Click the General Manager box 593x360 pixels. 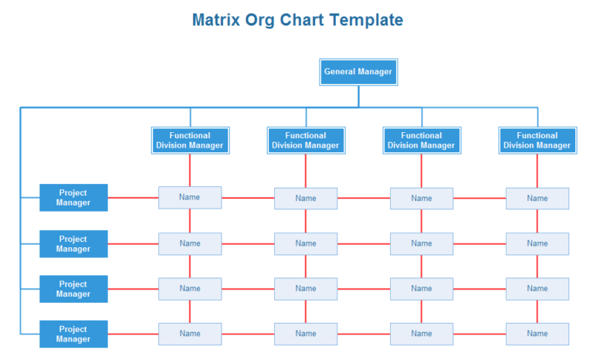point(358,72)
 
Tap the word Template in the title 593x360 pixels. point(367,20)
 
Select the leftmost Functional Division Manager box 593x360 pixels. point(190,141)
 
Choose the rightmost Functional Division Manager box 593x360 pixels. point(537,141)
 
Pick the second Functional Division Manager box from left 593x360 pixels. point(306,141)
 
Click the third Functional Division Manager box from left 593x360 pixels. point(422,141)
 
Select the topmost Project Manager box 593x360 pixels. point(73,198)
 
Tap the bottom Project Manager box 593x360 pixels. point(73,334)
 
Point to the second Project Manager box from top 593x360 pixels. point(73,244)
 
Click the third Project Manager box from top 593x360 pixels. point(73,289)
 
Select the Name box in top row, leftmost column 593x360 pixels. point(190,198)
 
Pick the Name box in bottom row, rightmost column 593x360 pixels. point(537,334)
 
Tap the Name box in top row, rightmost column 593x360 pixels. point(537,199)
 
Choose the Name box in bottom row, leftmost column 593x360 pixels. point(190,334)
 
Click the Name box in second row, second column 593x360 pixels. point(306,244)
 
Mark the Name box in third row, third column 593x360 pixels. point(422,289)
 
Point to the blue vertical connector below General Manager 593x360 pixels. point(358,96)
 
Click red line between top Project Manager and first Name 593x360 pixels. point(133,198)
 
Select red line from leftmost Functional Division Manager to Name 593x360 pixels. point(190,170)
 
